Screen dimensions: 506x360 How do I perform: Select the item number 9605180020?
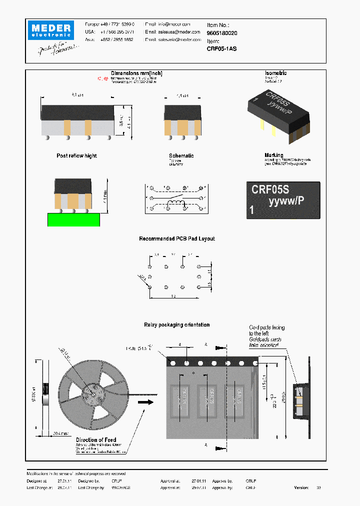coord(222,32)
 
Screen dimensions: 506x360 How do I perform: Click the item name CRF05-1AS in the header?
coord(221,48)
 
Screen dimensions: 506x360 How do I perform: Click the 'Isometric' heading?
coord(275,73)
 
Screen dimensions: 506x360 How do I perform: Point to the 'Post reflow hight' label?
coord(76,156)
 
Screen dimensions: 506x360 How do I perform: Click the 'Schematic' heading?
coord(181,156)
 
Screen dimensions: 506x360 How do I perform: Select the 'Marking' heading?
coord(273,155)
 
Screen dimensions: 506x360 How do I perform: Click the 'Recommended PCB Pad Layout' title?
coord(176,239)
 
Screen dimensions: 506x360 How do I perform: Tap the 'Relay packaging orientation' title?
coord(176,325)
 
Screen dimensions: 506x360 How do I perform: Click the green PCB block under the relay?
coord(73,219)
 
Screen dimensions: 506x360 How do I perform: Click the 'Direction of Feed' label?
coord(96,440)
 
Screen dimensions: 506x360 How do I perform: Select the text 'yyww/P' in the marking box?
coord(286,201)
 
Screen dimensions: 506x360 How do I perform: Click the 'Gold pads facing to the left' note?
coord(266,330)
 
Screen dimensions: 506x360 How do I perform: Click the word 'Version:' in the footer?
coord(301,487)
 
